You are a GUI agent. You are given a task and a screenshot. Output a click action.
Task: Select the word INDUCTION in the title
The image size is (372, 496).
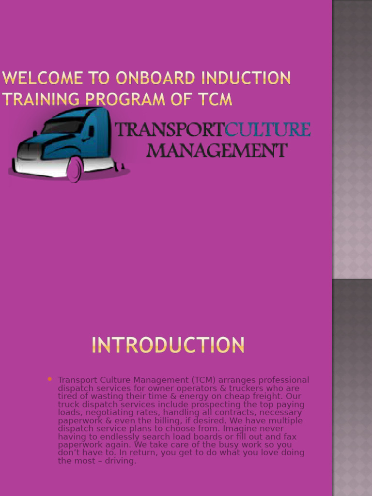247,78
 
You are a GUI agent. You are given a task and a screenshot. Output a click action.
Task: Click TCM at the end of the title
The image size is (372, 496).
213,100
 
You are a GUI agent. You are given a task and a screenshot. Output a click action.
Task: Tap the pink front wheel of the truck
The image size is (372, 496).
74,169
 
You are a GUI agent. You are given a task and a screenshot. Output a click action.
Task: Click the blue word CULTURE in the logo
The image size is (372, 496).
268,130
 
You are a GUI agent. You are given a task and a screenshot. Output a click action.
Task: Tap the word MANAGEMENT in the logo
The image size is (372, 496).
217,151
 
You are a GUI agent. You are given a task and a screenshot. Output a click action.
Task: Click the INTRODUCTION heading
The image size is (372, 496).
168,346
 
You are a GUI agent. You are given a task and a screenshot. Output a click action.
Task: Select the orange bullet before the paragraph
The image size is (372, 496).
50,379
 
